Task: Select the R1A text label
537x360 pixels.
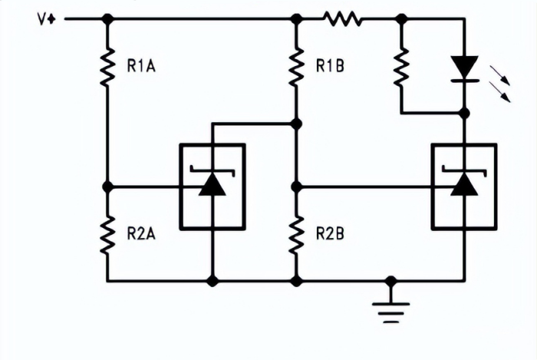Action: click(142, 66)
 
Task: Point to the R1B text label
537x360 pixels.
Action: click(330, 66)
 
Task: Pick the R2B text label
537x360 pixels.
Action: click(330, 233)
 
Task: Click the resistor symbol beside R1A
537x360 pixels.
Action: click(107, 66)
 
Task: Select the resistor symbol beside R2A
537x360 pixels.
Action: click(107, 234)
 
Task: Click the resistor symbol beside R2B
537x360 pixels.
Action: click(296, 234)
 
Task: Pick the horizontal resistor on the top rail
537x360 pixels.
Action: click(343, 18)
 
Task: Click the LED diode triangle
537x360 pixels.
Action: click(464, 67)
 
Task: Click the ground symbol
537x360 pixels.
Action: click(391, 307)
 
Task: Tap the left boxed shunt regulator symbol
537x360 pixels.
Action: click(212, 187)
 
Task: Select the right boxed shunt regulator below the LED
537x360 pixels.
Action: click(463, 187)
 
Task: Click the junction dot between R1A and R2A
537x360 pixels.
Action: click(107, 187)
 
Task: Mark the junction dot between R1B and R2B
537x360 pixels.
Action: click(296, 187)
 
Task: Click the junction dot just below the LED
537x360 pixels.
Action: click(464, 114)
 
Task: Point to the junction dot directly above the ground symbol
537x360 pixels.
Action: click(391, 281)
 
